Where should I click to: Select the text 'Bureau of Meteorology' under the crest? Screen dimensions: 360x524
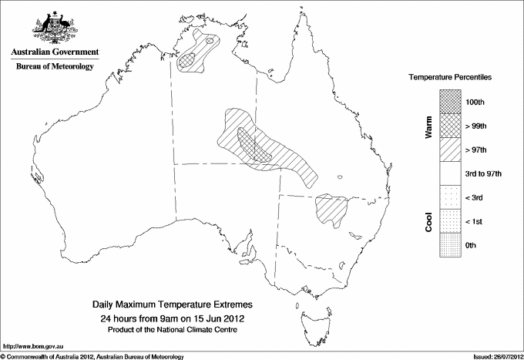point(55,66)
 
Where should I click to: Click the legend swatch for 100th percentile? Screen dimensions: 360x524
point(450,101)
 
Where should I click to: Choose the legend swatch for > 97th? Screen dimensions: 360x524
point(450,149)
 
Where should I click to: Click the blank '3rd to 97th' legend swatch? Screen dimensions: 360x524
point(450,173)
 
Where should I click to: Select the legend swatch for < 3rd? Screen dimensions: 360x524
point(450,197)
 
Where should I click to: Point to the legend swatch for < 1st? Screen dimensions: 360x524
point(450,221)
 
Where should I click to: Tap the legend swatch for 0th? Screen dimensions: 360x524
point(450,245)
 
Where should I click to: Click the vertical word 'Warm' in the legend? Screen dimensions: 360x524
point(429,127)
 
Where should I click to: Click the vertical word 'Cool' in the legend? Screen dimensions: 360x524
point(429,222)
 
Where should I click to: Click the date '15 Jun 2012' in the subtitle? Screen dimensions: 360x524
point(215,318)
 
